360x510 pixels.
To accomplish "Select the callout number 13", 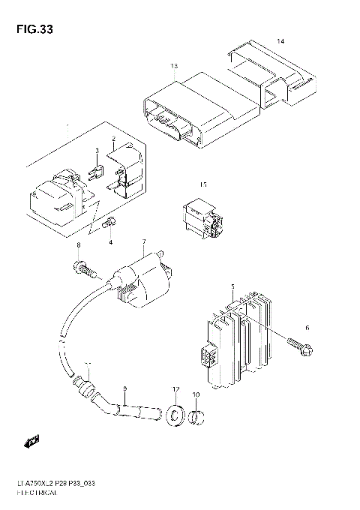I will (174, 67).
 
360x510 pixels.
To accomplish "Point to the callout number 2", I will (113, 139).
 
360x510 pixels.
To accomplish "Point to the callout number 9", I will (124, 388).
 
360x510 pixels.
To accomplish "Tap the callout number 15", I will (202, 184).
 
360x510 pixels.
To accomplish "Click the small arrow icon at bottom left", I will (31, 440).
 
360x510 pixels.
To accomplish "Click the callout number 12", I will (176, 389).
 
